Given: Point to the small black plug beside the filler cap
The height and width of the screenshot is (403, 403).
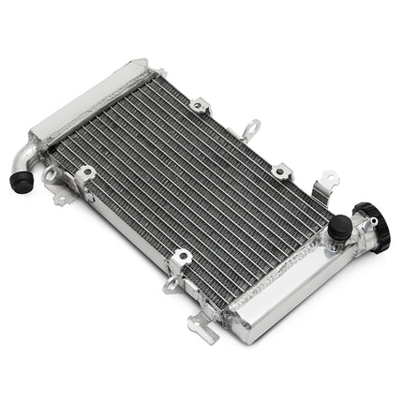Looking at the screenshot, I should pyautogui.click(x=339, y=226).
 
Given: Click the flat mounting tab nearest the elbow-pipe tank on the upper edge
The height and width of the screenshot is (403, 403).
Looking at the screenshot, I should pyautogui.click(x=198, y=106).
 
